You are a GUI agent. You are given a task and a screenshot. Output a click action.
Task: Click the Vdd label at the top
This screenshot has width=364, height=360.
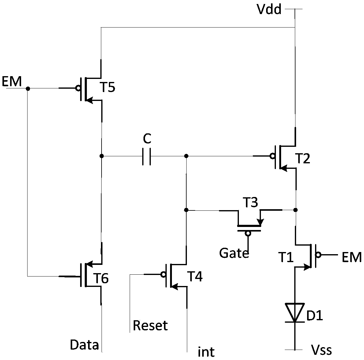(x=269, y=9)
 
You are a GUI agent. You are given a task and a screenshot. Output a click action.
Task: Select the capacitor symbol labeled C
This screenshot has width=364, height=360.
(x=147, y=156)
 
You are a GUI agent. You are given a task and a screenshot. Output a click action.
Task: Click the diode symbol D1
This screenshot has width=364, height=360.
(x=295, y=312)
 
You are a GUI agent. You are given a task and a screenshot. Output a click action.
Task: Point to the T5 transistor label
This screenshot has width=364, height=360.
(x=107, y=87)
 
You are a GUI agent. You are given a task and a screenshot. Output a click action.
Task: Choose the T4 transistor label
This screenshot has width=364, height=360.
(x=195, y=276)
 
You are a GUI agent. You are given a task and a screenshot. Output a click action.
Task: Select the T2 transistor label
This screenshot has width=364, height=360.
(x=303, y=159)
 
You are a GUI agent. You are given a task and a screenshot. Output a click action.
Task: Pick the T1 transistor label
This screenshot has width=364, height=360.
(x=286, y=257)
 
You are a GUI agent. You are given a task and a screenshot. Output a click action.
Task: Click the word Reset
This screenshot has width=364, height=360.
(x=150, y=325)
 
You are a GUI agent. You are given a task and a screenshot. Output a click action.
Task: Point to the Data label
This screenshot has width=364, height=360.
(x=84, y=345)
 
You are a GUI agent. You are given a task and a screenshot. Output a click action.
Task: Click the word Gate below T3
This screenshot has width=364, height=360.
(x=234, y=253)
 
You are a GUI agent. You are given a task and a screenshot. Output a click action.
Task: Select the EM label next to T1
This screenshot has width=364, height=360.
(x=352, y=257)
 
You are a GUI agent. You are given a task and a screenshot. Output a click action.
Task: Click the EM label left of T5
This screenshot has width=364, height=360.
(x=12, y=81)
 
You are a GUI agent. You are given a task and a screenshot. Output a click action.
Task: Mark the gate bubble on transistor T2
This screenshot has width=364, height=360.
(x=272, y=156)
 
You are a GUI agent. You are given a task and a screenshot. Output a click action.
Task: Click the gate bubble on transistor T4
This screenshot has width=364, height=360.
(x=163, y=275)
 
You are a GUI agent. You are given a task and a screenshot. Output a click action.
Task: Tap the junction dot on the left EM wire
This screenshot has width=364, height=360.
(x=28, y=88)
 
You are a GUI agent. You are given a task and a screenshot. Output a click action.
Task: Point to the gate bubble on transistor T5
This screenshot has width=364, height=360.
(x=78, y=88)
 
